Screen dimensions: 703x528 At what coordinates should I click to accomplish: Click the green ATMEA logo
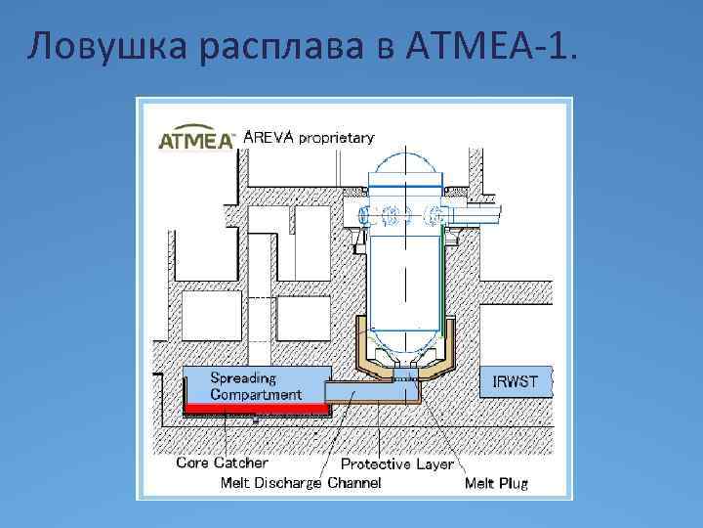[x=195, y=141]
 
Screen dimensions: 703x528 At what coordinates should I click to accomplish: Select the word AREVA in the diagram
[x=268, y=137]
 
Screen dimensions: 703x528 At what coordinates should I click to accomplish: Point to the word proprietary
[x=336, y=138]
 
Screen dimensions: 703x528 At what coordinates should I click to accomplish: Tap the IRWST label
[x=515, y=379]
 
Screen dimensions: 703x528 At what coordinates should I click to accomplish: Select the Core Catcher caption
[x=222, y=462]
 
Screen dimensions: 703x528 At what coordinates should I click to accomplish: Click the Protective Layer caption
[x=396, y=464]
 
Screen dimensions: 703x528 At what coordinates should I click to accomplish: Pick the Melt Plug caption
[x=496, y=482]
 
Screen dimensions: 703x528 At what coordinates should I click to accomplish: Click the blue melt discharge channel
[x=371, y=391]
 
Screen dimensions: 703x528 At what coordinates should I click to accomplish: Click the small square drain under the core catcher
[x=255, y=419]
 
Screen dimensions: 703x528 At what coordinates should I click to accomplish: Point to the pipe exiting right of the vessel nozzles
[x=478, y=210]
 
